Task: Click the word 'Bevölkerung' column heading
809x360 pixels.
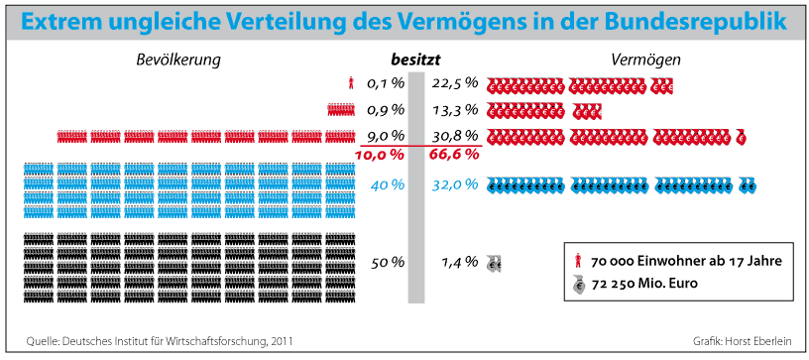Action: pyautogui.click(x=178, y=60)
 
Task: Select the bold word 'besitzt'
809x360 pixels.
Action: pyautogui.click(x=415, y=60)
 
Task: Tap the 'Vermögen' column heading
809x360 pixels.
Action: pyautogui.click(x=646, y=60)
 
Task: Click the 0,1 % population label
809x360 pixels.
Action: pyautogui.click(x=385, y=83)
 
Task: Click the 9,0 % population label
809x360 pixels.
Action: pyautogui.click(x=385, y=137)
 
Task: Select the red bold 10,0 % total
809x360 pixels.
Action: pyautogui.click(x=380, y=154)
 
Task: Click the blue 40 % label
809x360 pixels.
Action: pyautogui.click(x=387, y=184)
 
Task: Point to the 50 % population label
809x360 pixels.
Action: pyautogui.click(x=388, y=263)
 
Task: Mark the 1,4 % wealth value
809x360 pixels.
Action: pyautogui.click(x=459, y=263)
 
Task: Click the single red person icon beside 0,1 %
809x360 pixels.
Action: pyautogui.click(x=351, y=83)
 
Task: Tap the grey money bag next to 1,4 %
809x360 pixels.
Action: pyautogui.click(x=495, y=264)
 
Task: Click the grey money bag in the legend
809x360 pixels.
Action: pyautogui.click(x=579, y=285)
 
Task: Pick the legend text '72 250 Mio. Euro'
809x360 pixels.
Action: pyautogui.click(x=644, y=285)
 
